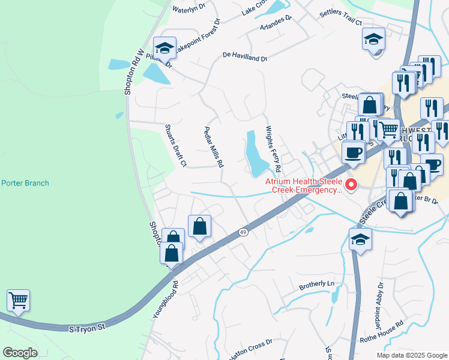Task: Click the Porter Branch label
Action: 25,183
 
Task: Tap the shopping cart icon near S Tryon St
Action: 19,300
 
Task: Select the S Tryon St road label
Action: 87,328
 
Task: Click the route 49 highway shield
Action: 243,232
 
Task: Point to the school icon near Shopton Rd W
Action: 164,48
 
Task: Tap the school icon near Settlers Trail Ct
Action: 373,40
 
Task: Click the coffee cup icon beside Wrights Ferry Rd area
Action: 354,152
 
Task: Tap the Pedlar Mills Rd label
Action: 214,146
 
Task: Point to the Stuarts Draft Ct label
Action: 176,145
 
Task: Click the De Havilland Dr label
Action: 244,57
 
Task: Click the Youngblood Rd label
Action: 165,299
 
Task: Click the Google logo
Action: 20,353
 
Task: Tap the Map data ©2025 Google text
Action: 411,355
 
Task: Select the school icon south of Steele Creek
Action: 360,239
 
